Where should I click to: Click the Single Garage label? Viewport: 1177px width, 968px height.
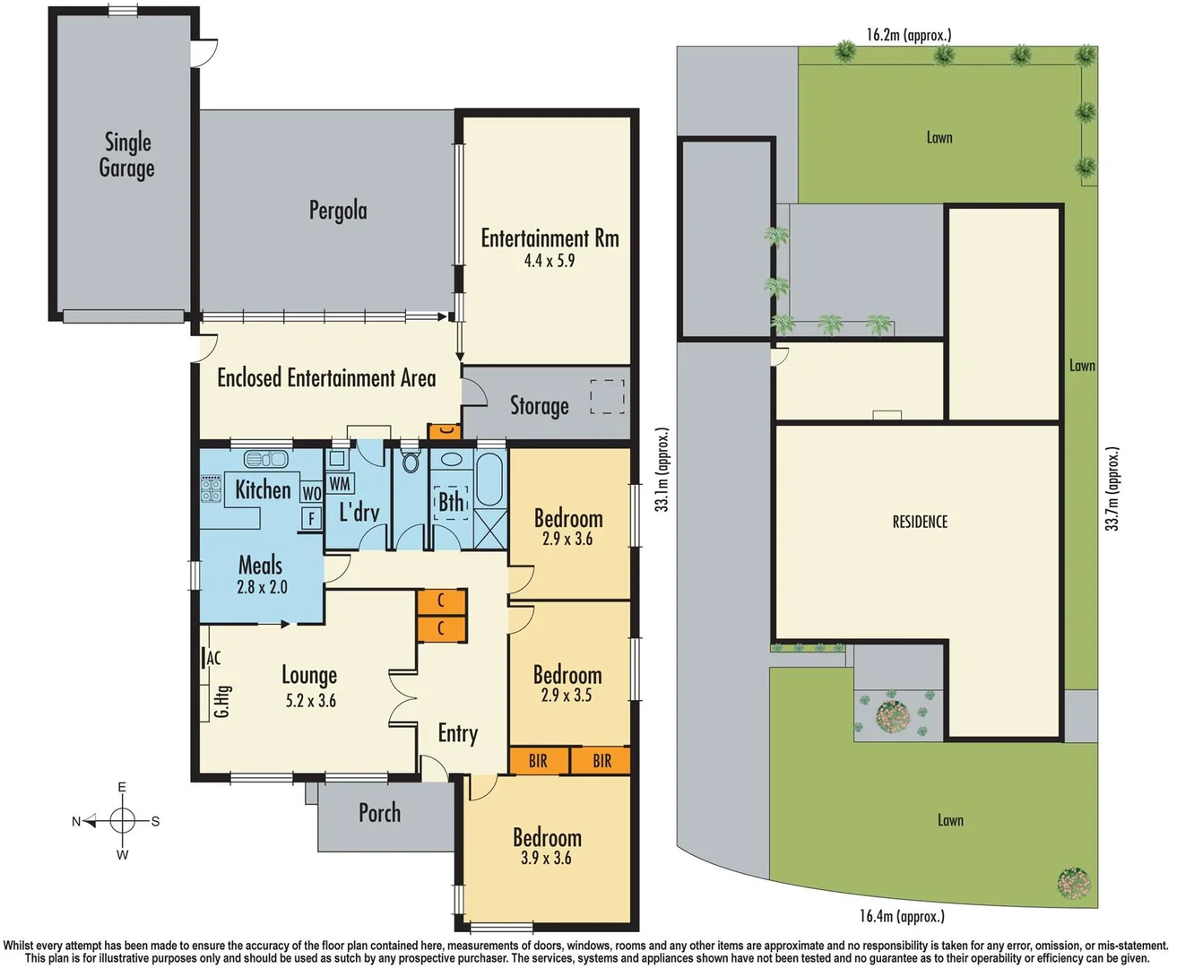[x=126, y=155]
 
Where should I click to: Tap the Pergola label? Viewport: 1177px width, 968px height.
[x=338, y=211]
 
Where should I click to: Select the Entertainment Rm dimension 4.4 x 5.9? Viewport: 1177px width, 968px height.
[x=550, y=261]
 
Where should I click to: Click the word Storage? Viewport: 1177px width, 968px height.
[x=540, y=406]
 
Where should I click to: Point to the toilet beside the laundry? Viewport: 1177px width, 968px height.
[x=411, y=462]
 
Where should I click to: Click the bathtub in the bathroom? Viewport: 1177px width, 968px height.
[x=490, y=479]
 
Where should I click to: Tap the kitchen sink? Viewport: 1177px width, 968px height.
[x=266, y=459]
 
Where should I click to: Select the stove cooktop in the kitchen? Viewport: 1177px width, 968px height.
[x=211, y=489]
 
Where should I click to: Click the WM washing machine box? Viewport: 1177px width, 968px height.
[x=340, y=484]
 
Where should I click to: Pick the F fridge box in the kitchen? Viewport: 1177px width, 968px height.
[x=311, y=518]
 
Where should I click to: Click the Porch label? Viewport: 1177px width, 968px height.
[x=379, y=813]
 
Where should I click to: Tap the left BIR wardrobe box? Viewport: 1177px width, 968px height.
[x=538, y=761]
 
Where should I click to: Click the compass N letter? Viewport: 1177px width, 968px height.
[x=76, y=821]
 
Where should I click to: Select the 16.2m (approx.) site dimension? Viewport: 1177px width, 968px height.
[x=909, y=35]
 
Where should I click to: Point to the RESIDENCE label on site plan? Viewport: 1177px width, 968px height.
[x=920, y=522]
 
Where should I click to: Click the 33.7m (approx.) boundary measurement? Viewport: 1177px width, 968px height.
[x=1112, y=488]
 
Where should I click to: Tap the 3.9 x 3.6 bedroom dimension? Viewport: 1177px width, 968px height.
[x=546, y=858]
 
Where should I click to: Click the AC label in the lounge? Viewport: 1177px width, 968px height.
[x=213, y=658]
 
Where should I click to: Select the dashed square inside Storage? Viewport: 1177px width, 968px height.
[x=607, y=396]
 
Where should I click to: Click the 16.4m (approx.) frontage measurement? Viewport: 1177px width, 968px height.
[x=902, y=916]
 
